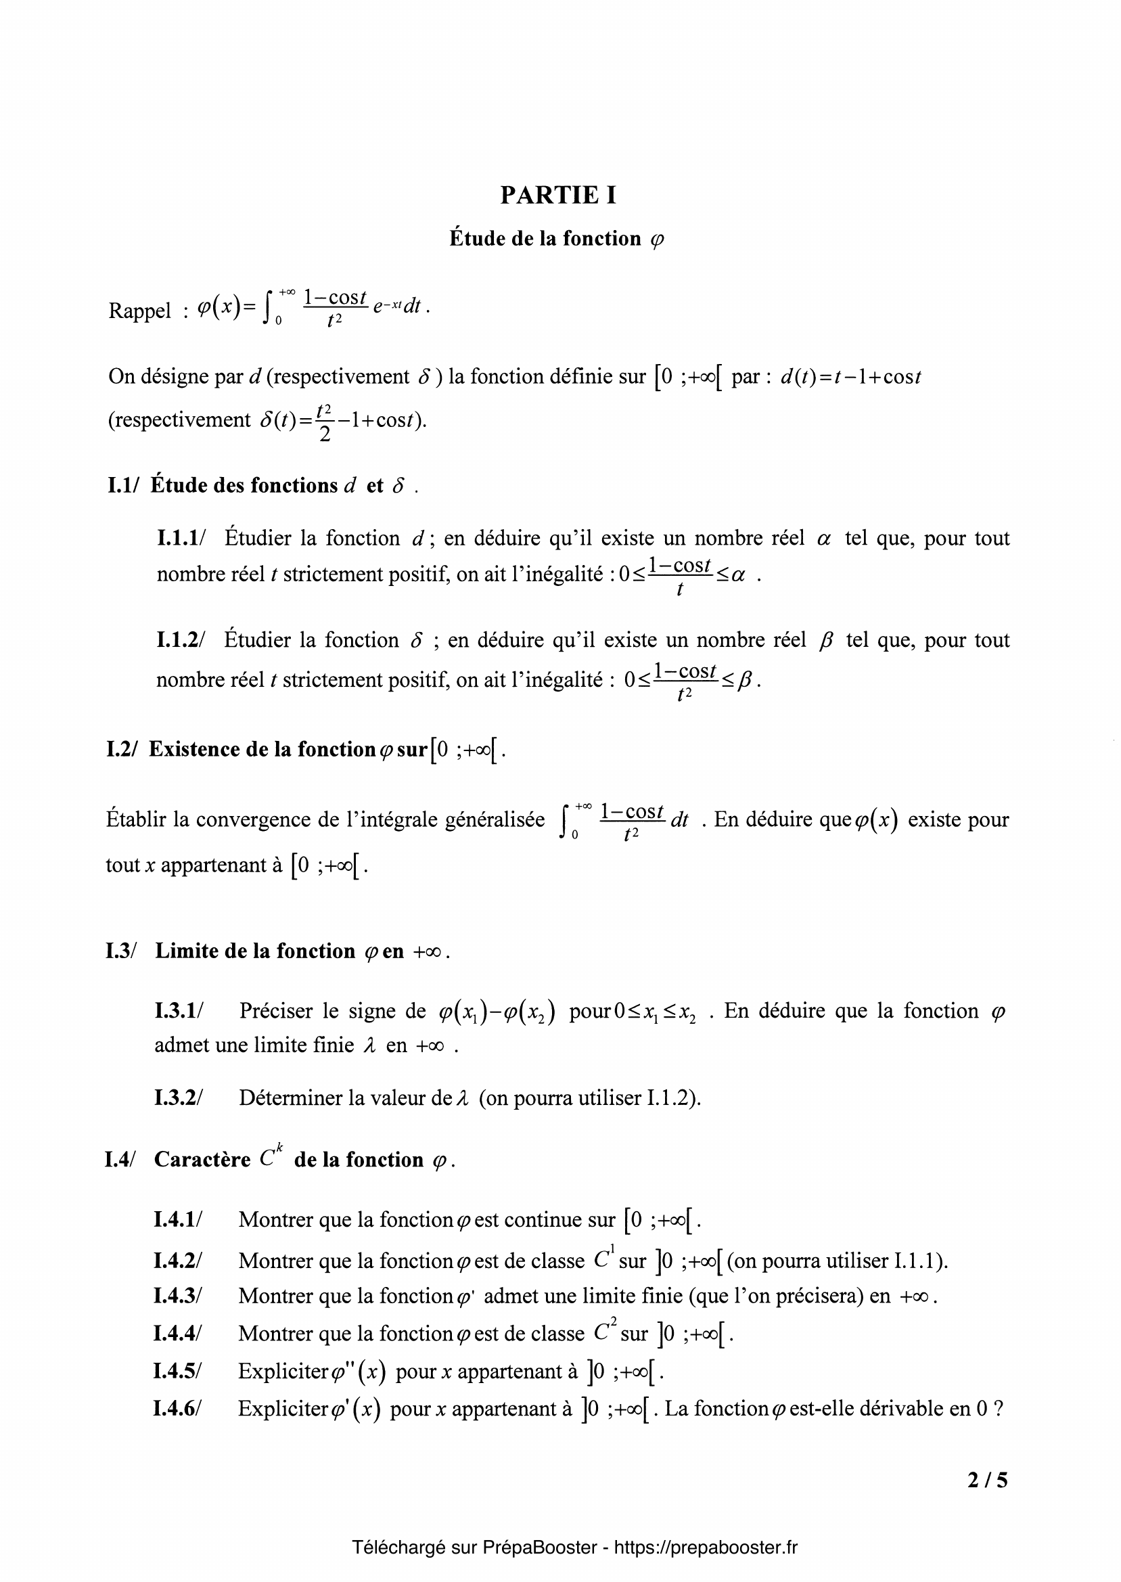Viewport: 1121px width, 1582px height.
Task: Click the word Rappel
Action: pos(139,311)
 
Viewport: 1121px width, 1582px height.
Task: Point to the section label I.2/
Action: pos(122,750)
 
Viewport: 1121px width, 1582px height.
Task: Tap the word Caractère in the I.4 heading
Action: pos(202,1160)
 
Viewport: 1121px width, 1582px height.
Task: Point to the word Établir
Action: pos(136,820)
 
